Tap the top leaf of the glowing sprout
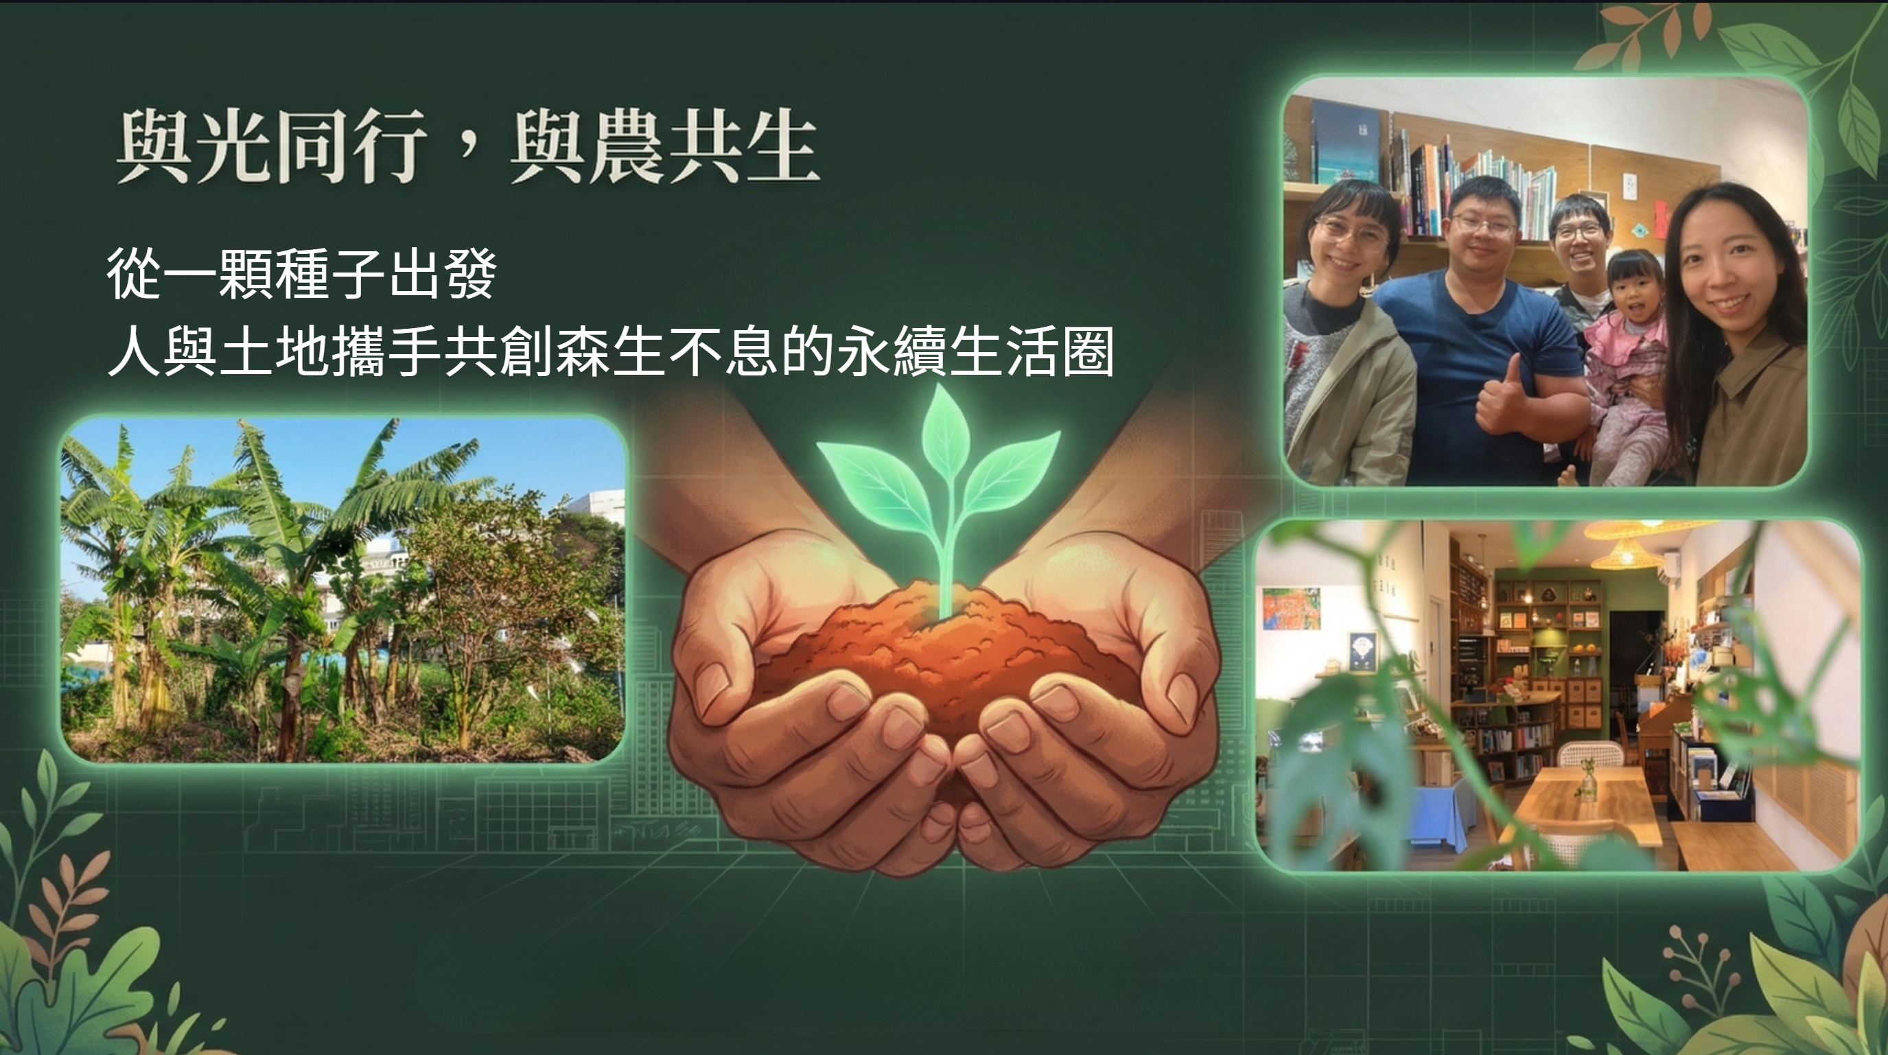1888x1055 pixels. [x=945, y=425]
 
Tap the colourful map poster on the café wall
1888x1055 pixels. [x=1292, y=607]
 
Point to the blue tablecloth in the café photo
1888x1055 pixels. [x=1436, y=814]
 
